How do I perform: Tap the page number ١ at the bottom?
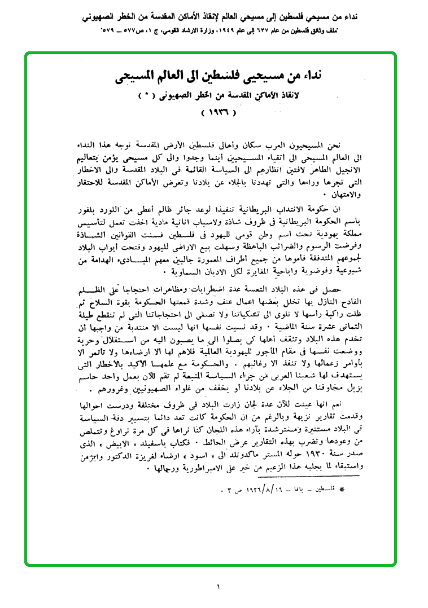click(217, 587)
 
